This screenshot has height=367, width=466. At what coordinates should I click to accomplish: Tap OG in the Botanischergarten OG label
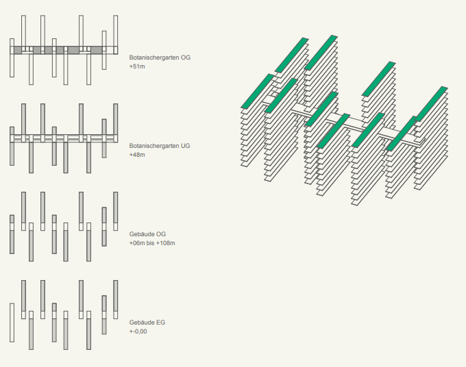pos(186,58)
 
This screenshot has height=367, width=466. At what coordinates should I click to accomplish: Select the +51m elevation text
pos(137,66)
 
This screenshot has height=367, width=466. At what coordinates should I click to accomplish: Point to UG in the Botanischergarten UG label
pos(186,146)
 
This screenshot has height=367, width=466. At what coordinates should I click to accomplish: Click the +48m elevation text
pos(137,155)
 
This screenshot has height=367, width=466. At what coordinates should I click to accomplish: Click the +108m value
pos(166,243)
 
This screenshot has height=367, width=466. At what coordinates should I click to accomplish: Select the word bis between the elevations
pos(151,243)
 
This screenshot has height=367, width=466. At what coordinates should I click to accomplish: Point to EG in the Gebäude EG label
pos(161,322)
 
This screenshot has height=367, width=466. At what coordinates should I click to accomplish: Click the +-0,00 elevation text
pos(138,331)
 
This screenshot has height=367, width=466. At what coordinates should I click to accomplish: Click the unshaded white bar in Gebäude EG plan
pos(12,322)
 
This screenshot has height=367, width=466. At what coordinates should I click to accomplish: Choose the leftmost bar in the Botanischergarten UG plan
pos(12,146)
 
